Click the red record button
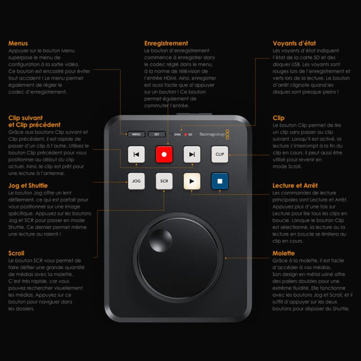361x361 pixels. (164, 154)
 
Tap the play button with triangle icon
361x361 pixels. (192, 181)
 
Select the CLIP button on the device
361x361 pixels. (220, 154)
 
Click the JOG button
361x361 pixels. (136, 181)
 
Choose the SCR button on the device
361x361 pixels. (164, 181)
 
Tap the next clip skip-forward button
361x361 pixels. (192, 154)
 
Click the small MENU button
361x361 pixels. (136, 134)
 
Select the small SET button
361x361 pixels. (157, 134)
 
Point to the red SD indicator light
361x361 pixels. (185, 134)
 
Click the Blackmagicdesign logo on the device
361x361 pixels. (214, 134)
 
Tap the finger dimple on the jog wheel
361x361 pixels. (161, 239)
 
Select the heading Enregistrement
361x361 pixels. (166, 43)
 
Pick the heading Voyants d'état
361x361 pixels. (292, 43)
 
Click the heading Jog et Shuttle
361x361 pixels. (28, 185)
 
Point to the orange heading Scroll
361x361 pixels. (16, 253)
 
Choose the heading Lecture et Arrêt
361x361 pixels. (295, 185)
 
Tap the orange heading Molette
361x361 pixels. (283, 253)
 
